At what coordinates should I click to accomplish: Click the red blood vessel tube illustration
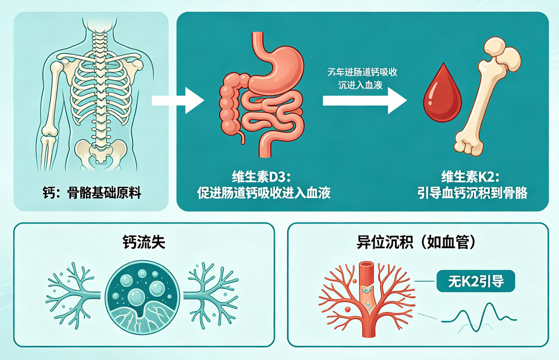click(367, 285)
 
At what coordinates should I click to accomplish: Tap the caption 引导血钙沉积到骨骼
click(471, 193)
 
